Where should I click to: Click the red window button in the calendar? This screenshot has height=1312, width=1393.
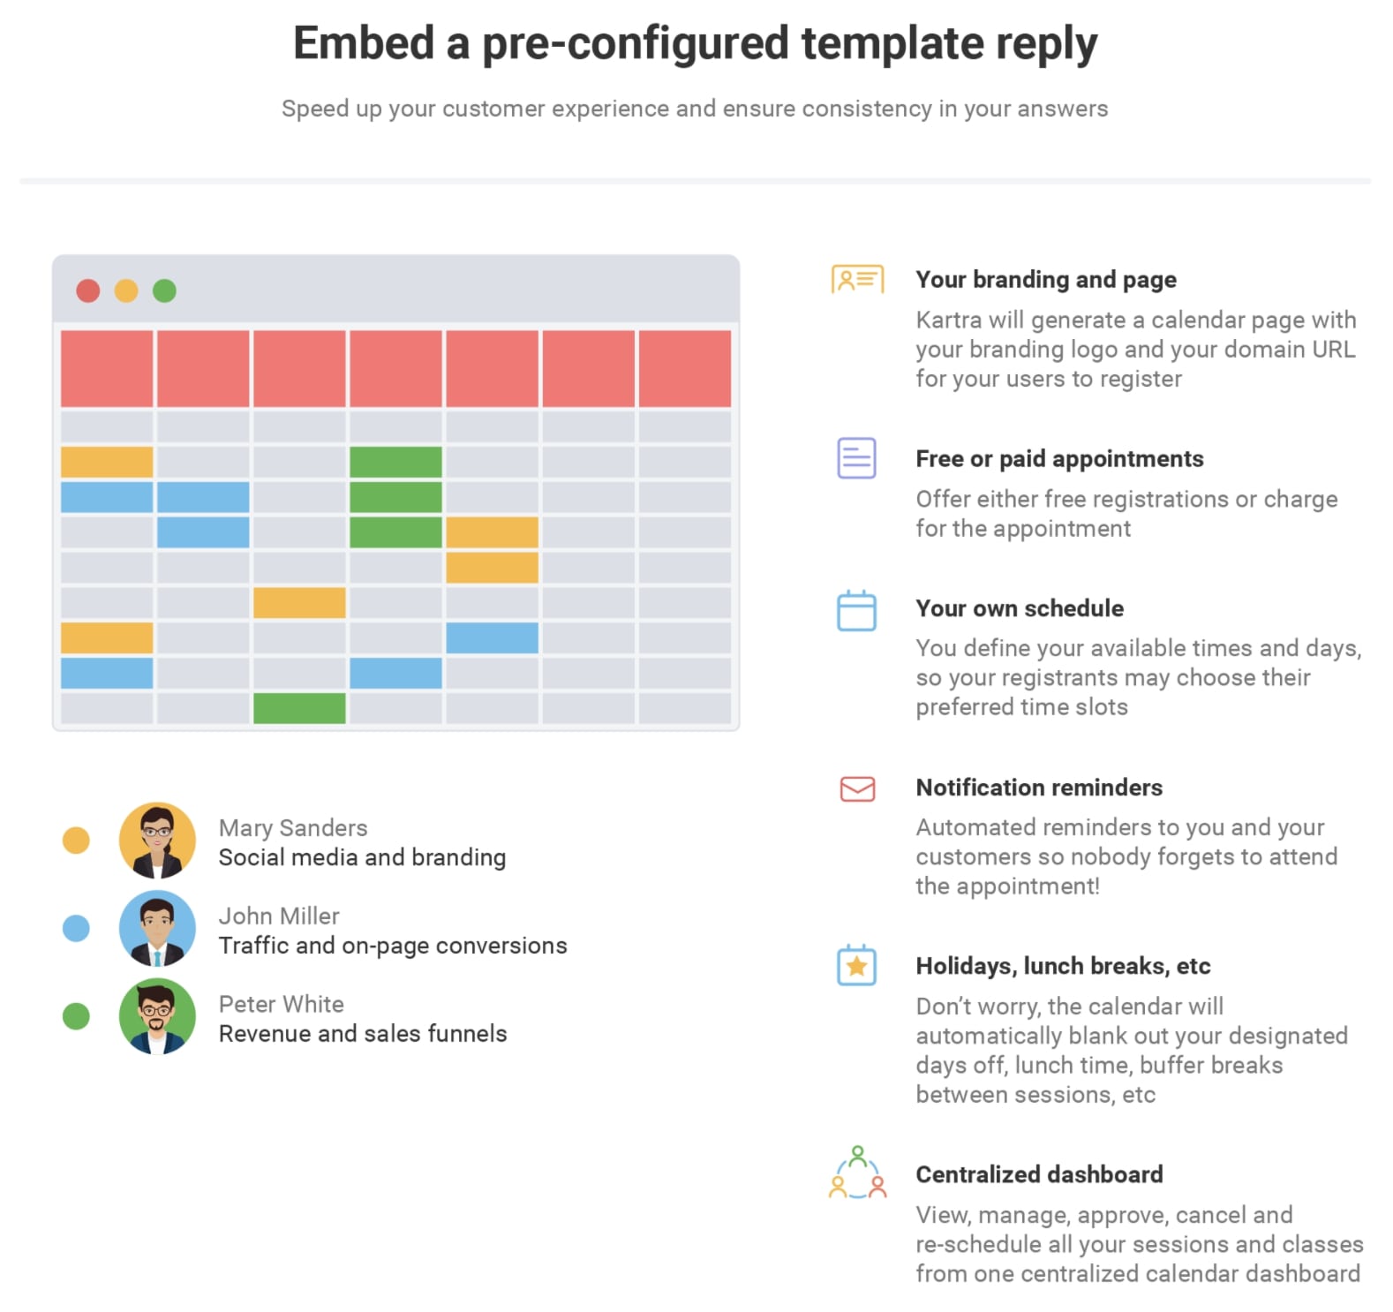click(88, 290)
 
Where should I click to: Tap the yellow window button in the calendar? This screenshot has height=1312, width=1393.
click(126, 290)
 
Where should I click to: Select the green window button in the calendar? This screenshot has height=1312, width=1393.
click(164, 290)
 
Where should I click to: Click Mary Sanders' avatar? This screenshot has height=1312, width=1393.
click(157, 841)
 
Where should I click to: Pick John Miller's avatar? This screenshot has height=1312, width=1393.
click(157, 928)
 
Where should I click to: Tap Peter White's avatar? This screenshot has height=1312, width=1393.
click(157, 1016)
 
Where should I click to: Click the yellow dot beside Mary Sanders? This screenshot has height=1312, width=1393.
click(76, 841)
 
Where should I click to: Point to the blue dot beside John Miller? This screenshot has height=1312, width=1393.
click(76, 928)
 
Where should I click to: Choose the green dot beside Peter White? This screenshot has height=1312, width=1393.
click(76, 1016)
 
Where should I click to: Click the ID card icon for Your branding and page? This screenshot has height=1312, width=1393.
click(857, 279)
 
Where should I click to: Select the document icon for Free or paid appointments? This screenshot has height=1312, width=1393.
click(856, 458)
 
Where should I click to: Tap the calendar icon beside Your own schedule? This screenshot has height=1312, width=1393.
click(856, 610)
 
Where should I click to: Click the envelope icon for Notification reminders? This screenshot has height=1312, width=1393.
click(857, 788)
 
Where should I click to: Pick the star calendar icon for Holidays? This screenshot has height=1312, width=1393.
click(856, 965)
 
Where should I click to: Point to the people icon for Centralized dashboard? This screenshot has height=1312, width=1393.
click(857, 1173)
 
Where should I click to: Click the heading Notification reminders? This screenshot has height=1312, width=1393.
click(1039, 788)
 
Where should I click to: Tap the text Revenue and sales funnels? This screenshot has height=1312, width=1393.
click(363, 1034)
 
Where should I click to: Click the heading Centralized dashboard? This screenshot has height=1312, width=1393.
click(1039, 1174)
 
